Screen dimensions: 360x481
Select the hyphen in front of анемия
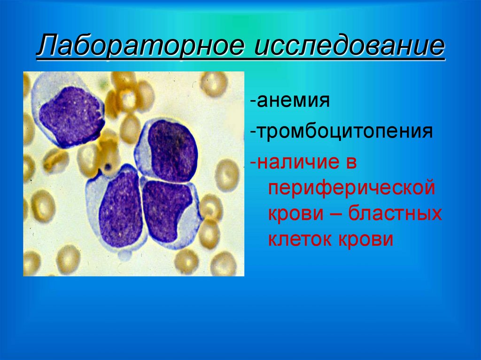click(x=253, y=101)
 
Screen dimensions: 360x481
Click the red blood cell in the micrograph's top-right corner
click(x=214, y=84)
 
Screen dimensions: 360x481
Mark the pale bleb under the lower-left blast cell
click(x=124, y=255)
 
